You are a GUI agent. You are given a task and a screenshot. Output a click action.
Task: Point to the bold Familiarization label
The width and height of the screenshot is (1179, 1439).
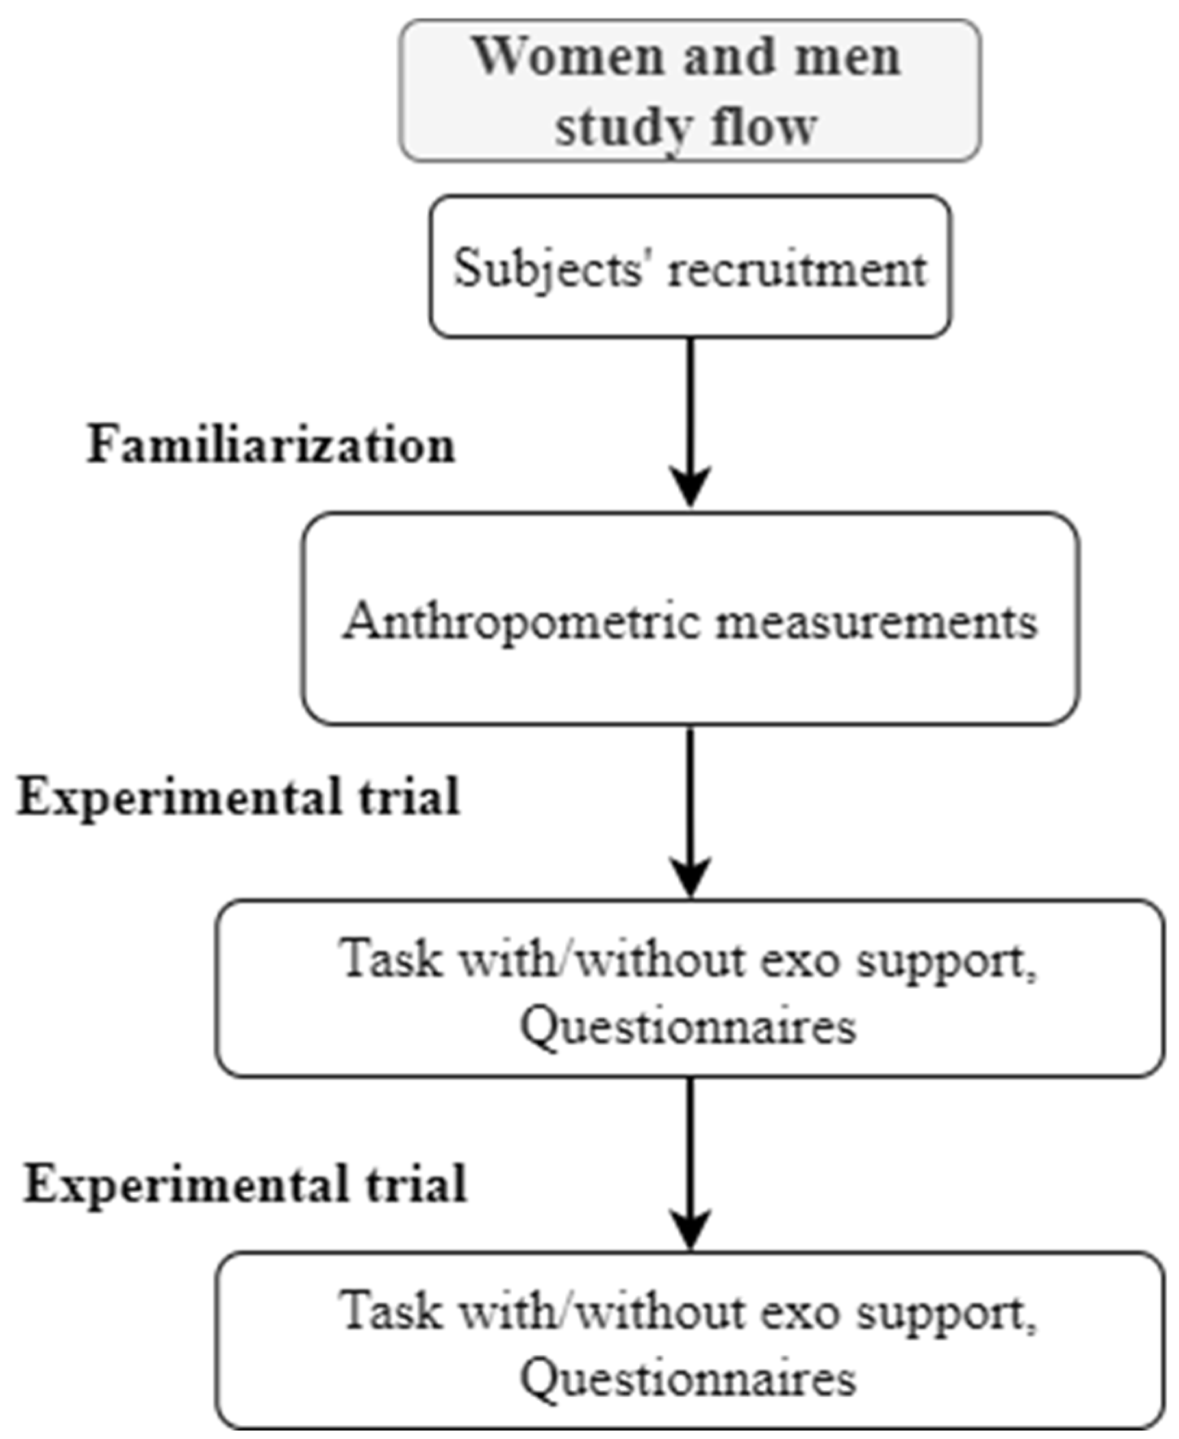(270, 446)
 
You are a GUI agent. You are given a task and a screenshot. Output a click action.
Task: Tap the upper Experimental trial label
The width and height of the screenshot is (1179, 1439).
(238, 796)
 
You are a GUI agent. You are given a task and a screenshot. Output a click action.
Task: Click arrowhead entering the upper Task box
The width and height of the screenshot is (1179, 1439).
(690, 875)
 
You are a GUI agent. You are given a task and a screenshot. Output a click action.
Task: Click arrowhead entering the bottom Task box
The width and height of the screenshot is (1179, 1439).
(690, 1227)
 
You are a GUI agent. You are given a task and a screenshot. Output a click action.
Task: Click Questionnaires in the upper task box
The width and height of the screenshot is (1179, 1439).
(687, 1026)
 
